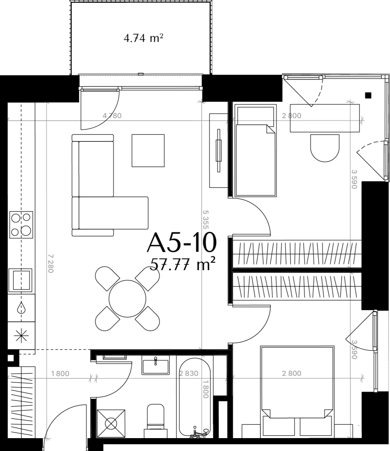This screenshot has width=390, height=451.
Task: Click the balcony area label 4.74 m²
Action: coord(143,38)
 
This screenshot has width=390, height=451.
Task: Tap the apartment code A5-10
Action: coord(182,243)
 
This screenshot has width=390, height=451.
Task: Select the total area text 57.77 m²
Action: coord(183,264)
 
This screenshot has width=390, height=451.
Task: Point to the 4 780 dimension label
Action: coord(112,116)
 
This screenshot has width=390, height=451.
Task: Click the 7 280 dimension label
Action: coord(51,263)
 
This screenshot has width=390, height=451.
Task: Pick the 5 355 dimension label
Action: coord(206,220)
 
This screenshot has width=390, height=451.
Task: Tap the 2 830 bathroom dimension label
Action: coord(189,373)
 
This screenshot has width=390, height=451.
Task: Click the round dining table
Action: coord(127,299)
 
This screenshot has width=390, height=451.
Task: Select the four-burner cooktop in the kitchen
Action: coord(21,225)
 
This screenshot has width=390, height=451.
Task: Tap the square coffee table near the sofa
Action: coord(148,150)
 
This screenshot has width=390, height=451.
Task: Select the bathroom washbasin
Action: coord(155,364)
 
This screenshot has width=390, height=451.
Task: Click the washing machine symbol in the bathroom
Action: coord(111,423)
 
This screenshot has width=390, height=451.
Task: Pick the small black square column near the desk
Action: coord(368,95)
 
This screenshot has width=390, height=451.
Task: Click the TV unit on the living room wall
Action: coord(218,150)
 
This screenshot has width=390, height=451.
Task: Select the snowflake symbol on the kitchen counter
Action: coord(22,335)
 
